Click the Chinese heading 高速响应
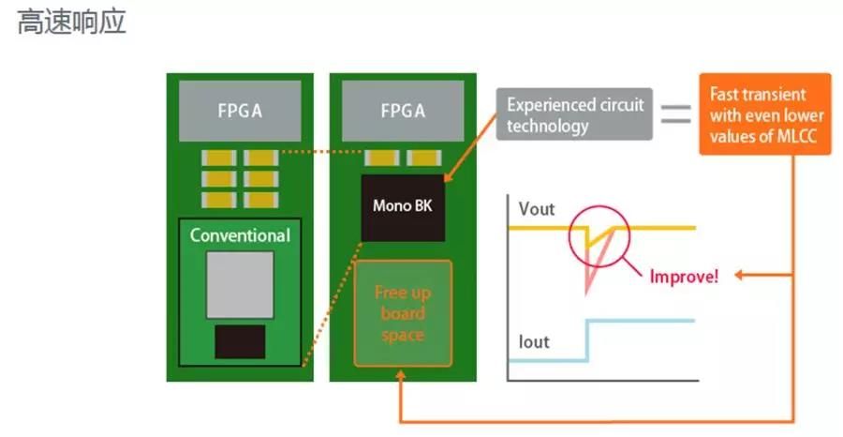[71, 23]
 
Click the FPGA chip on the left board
[234, 111]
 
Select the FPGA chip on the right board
[403, 111]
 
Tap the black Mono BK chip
[402, 206]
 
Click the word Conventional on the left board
[240, 234]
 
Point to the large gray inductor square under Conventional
[240, 283]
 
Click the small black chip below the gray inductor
[240, 342]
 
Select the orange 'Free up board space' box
[403, 312]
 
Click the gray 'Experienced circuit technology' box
[575, 115]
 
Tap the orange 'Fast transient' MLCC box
[764, 115]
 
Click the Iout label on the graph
[534, 342]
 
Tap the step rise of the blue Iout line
[586, 339]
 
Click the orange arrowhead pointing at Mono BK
[448, 178]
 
